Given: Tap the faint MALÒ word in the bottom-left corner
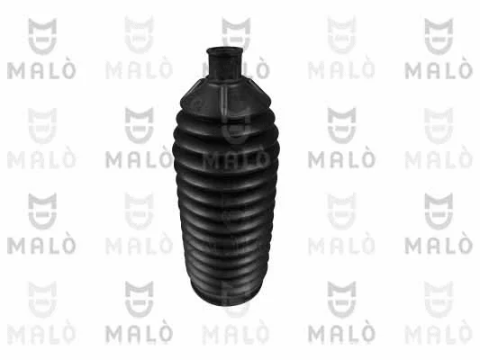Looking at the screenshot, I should tap(41, 334).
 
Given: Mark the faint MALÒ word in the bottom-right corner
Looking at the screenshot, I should tap(438, 334).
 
